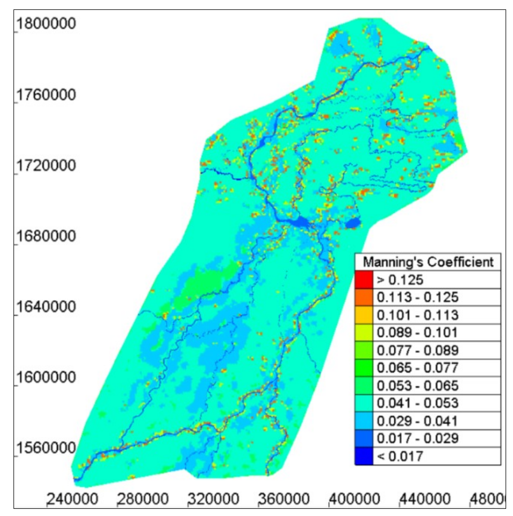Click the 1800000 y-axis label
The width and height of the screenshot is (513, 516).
coord(46,24)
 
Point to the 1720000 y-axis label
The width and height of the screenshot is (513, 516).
coord(46,166)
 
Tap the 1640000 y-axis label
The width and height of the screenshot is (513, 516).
coord(46,307)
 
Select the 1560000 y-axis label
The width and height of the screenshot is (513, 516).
coord(46,448)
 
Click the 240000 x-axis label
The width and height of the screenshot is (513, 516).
coord(73,499)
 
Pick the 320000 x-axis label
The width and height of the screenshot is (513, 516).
coord(214,499)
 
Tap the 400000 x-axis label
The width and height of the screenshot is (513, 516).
coord(354,499)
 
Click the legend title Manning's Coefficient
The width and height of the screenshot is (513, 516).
coord(428,262)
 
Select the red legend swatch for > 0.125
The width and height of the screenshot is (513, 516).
coord(364,280)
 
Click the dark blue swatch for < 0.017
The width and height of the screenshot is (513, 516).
coord(364,456)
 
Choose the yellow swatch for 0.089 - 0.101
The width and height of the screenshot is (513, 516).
coord(364,333)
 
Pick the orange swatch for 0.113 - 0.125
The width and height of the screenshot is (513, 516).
coord(364,297)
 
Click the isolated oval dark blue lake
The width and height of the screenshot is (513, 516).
coord(353,223)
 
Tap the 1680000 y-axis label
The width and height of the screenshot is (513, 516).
coord(46,236)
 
